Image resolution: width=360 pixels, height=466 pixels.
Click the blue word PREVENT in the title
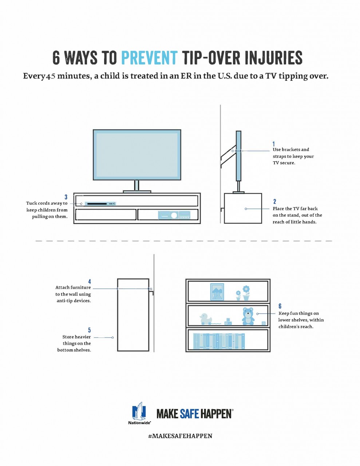[149, 58]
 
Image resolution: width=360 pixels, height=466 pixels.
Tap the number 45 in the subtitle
[51, 76]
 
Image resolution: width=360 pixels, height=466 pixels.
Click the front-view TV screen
[137, 155]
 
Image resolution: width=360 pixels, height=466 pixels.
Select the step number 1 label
[274, 144]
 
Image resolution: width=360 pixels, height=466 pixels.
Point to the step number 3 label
[66, 197]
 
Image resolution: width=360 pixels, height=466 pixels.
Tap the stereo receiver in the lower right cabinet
[174, 215]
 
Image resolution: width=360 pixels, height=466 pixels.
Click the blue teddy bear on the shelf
[248, 316]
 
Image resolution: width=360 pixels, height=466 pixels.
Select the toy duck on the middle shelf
[205, 319]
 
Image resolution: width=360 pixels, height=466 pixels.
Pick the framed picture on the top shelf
[217, 292]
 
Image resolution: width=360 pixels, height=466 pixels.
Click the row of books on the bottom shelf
[219, 341]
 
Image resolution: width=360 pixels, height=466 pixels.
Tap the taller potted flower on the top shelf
[246, 293]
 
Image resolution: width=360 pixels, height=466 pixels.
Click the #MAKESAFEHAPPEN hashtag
[180, 436]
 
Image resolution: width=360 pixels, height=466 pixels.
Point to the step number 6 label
[280, 306]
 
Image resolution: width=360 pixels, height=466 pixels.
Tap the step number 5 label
[90, 330]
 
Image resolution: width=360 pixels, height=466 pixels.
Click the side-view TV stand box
[243, 208]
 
